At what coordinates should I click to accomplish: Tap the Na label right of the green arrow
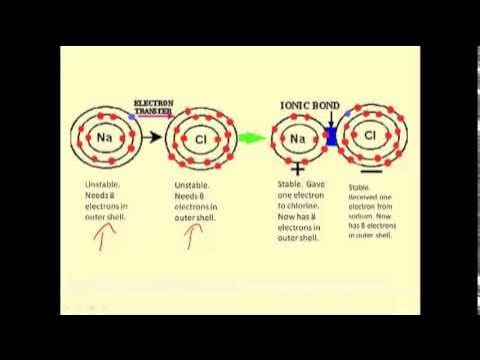pyautogui.click(x=296, y=140)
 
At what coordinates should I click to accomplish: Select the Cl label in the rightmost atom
pyautogui.click(x=370, y=136)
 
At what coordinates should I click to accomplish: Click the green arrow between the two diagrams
pyautogui.click(x=257, y=139)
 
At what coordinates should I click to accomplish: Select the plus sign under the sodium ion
pyautogui.click(x=297, y=172)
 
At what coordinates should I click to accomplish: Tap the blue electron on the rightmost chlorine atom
pyautogui.click(x=347, y=115)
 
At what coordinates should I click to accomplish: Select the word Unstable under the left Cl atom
pyautogui.click(x=190, y=185)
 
